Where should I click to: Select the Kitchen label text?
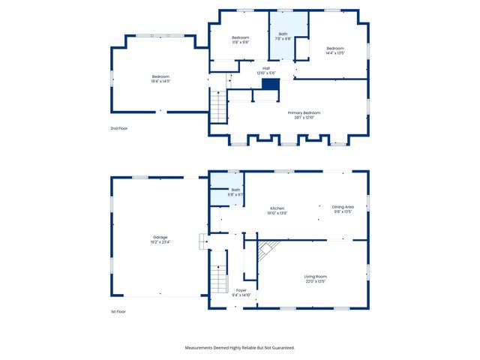[x=278, y=208]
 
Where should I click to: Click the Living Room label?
[x=315, y=277]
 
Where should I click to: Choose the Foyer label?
[x=241, y=290]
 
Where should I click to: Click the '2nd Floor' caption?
[x=119, y=128]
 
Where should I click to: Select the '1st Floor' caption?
[x=118, y=310]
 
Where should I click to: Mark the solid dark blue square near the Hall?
[x=270, y=85]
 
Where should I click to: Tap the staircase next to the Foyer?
[x=217, y=279]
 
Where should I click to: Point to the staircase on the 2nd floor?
[x=217, y=105]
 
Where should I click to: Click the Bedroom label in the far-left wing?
[x=160, y=76]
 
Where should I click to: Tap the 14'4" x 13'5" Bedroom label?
[x=334, y=52]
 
